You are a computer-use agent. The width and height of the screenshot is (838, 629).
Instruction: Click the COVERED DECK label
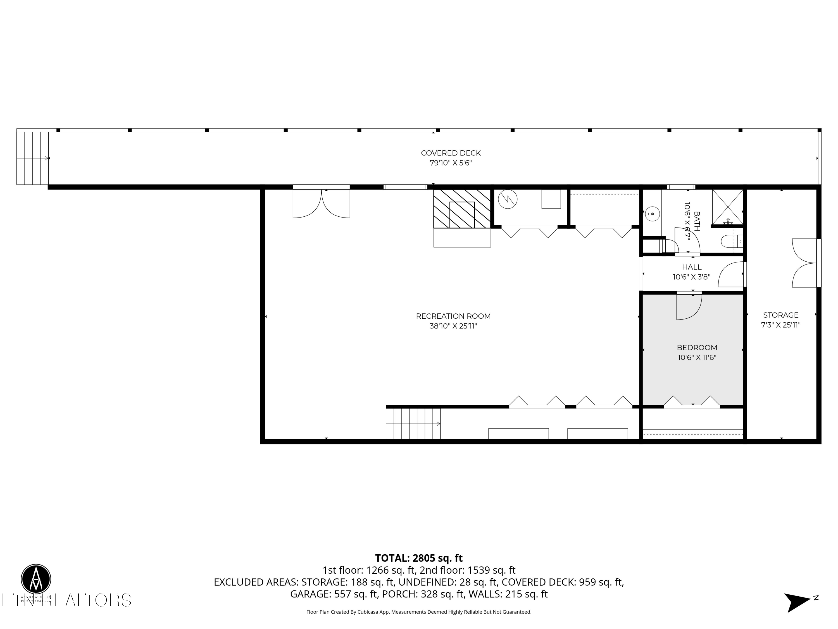click(451, 153)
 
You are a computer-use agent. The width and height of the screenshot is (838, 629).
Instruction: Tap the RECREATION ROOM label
click(453, 316)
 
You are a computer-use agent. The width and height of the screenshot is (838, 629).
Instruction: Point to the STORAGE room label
click(780, 315)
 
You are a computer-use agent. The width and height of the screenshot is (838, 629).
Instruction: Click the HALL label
click(692, 267)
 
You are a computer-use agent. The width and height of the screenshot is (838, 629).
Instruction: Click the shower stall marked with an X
click(727, 207)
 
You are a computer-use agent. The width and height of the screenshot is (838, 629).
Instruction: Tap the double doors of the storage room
click(804, 263)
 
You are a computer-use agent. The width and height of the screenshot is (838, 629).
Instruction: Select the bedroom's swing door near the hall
click(689, 306)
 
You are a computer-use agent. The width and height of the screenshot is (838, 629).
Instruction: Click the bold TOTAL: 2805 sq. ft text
click(419, 558)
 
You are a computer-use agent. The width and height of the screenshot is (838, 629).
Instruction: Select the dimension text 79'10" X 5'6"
click(451, 163)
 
